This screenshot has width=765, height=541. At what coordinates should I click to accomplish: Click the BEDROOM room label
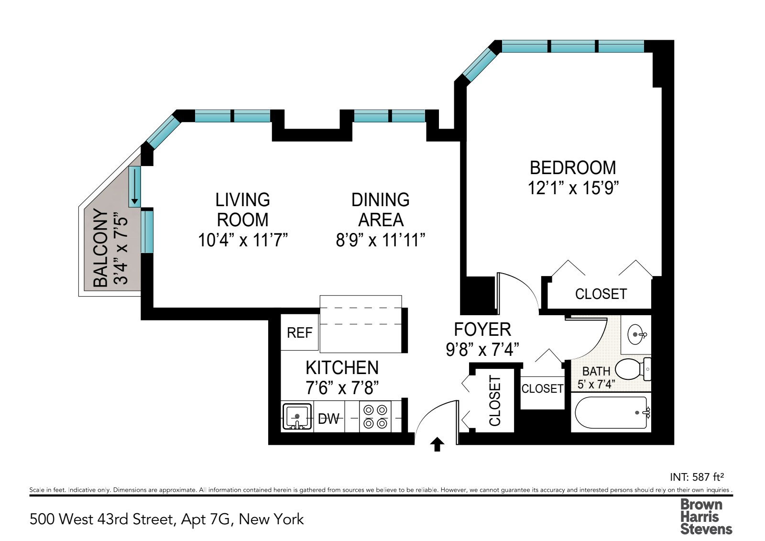click(x=573, y=168)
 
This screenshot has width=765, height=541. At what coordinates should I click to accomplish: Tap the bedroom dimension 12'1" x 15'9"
click(x=573, y=188)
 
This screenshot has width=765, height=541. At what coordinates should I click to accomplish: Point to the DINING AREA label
click(x=381, y=210)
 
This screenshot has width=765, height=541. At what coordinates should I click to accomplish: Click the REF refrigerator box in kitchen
click(x=300, y=332)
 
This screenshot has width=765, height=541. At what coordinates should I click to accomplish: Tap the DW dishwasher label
click(x=328, y=419)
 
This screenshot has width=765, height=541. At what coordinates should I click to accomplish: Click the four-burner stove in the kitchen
click(x=375, y=417)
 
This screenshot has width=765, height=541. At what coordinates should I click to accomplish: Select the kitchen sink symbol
click(x=297, y=417)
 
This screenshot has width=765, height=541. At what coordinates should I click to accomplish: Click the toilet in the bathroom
click(x=632, y=369)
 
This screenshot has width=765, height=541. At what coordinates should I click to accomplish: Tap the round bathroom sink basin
click(x=636, y=334)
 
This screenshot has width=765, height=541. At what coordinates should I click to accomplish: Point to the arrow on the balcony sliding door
click(x=135, y=187)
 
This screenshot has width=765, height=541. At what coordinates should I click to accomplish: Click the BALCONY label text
click(x=100, y=248)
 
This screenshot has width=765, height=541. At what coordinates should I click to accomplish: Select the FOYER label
click(x=482, y=330)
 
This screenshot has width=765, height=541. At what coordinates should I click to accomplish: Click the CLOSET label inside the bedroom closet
click(x=601, y=294)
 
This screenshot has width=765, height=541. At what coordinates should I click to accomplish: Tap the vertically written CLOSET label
click(x=495, y=401)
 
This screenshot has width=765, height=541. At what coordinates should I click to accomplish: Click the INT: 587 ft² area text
click(x=696, y=477)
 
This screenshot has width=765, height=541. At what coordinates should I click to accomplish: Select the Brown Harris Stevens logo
click(x=705, y=517)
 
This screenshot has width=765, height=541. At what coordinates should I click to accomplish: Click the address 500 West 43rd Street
click(x=166, y=519)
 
